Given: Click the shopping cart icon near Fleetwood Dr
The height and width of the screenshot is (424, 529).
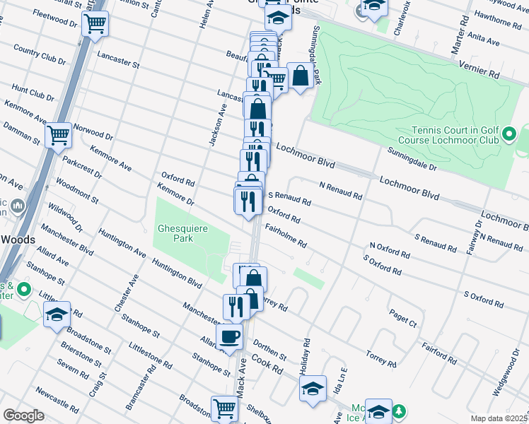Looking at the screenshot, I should tap(95, 24).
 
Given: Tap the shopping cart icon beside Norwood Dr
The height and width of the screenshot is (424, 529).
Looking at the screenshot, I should tap(58, 134).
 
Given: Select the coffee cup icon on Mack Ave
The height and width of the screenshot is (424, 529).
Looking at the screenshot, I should tap(229, 337).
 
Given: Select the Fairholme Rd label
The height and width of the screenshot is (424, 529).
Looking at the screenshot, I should tap(286, 236).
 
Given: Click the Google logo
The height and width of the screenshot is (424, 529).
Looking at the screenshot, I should tap(23, 416).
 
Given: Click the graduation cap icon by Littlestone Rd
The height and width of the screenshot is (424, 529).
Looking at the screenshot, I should tap(57, 316).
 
